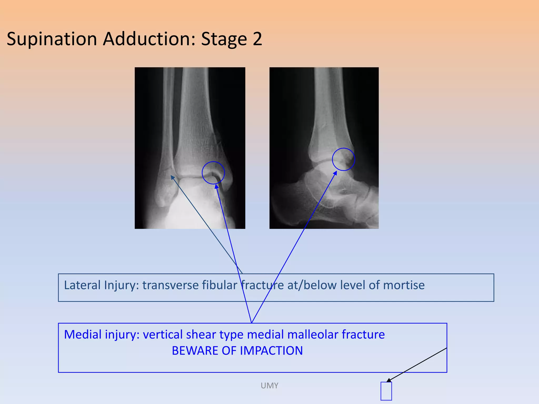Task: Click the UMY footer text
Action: coord(269,386)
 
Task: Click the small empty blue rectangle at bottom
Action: coord(386,391)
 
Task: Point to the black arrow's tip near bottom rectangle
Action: coord(387,381)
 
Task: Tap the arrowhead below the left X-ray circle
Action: coord(216,186)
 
